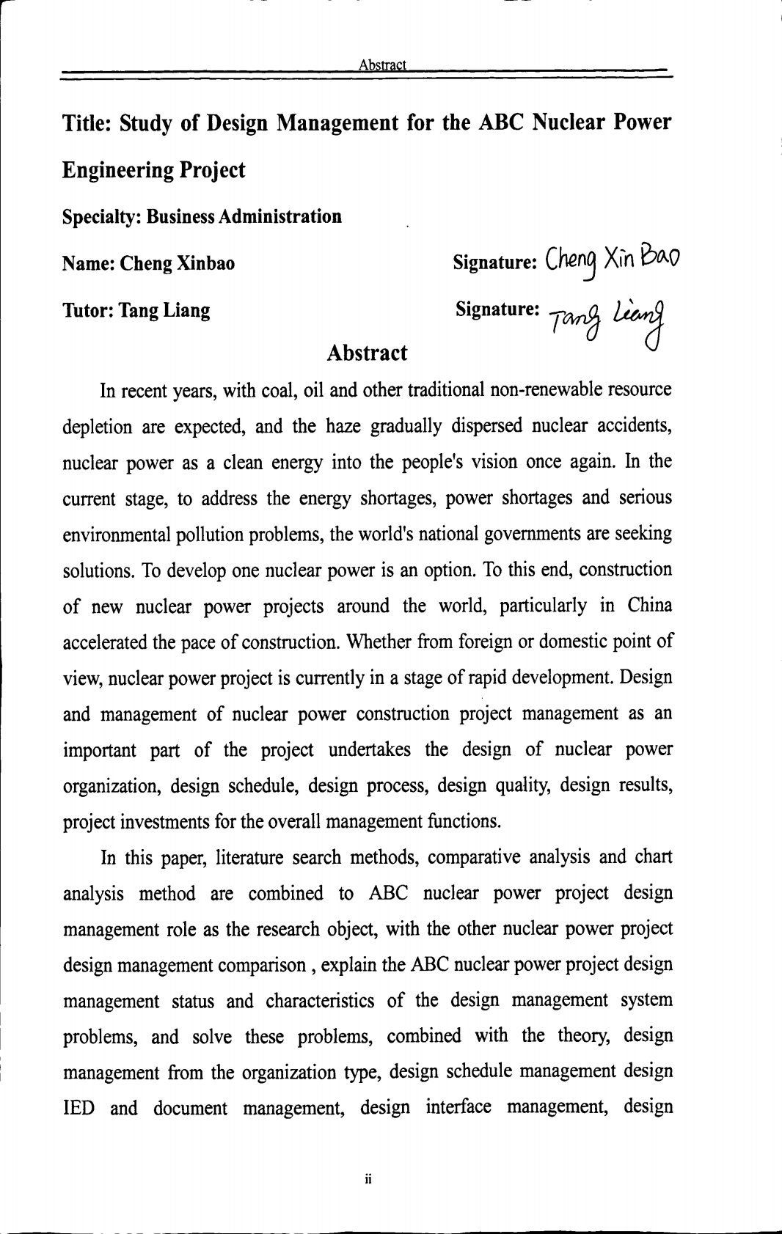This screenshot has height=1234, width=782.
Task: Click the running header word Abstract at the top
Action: pos(382,65)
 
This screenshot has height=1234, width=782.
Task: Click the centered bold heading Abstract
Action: pos(367,353)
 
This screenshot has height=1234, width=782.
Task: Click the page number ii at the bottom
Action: pos(369,1179)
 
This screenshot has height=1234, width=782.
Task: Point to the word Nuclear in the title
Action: pos(569,122)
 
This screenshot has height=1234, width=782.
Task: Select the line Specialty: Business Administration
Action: pos(202,217)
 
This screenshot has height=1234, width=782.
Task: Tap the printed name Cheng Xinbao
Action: pos(177,263)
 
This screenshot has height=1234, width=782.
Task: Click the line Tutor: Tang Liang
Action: pos(136,310)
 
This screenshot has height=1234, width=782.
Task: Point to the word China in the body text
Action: pos(649,606)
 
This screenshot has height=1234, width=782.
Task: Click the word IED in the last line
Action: pos(78,1108)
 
